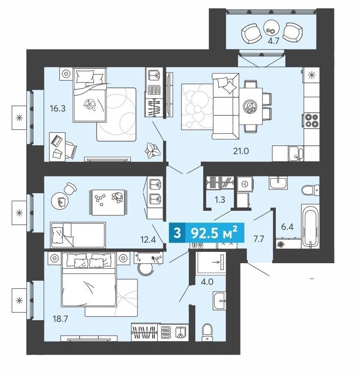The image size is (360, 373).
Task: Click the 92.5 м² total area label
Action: (214, 233)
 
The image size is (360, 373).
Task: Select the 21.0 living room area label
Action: (241, 151)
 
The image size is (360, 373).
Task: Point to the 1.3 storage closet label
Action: (220, 199)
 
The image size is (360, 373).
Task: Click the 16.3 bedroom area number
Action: (57, 109)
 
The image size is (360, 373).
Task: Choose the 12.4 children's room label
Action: (148, 239)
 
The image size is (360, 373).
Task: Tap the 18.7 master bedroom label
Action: (60, 319)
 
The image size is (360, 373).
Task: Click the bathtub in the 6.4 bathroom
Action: (310, 226)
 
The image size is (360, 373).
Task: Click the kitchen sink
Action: (296, 153)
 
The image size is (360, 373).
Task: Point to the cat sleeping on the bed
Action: (90, 104)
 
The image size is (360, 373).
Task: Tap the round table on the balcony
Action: (272, 27)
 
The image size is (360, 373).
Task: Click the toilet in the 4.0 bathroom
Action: (207, 332)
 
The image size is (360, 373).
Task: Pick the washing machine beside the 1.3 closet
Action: (244, 184)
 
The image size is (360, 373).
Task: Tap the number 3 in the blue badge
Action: (177, 233)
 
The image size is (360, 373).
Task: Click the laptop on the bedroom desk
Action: (57, 141)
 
